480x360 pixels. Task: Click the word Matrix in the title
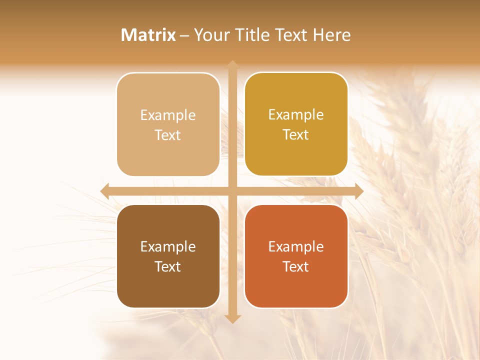coord(148,35)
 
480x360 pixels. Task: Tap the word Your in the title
coord(211,35)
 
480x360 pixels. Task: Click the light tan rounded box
coord(168,124)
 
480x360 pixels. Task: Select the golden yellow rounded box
coord(296,124)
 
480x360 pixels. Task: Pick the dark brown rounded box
coord(168,256)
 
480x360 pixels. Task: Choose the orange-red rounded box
coord(296,256)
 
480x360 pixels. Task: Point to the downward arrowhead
coord(232,319)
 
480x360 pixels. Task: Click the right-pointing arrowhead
coord(359,191)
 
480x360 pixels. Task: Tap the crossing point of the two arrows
coord(232,191)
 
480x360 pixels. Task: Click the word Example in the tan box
coord(168,115)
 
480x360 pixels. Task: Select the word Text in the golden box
coord(296,135)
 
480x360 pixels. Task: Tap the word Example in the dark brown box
coord(168,247)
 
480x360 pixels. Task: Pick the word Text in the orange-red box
coord(296,266)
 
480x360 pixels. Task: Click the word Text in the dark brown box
coord(168,266)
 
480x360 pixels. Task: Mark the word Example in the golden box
coord(296,115)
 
